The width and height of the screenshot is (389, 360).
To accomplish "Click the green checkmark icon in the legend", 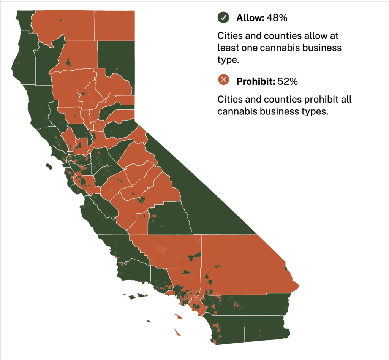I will (x=223, y=17).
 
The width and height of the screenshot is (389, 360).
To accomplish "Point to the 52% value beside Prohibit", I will (x=288, y=81).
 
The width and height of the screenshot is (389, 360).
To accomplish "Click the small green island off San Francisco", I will (x=48, y=166).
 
